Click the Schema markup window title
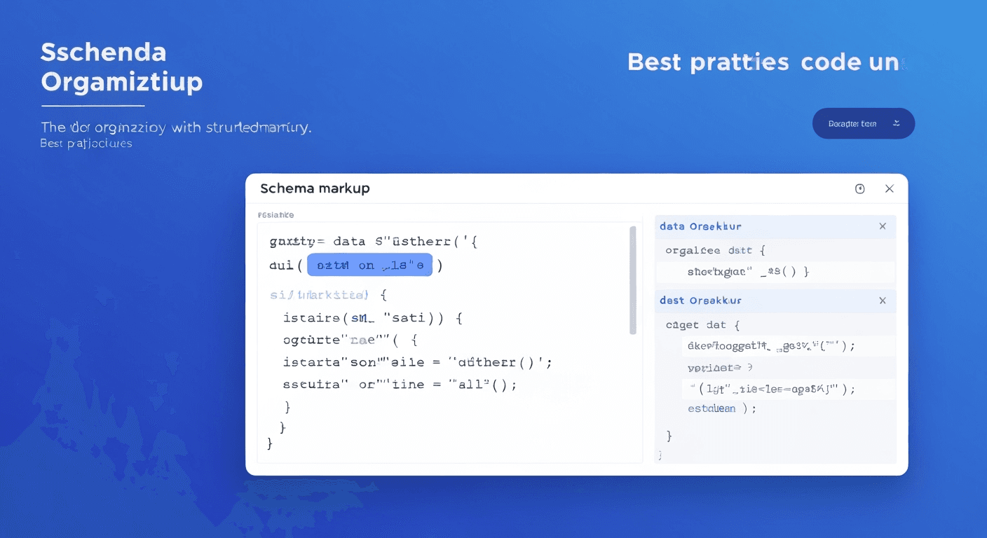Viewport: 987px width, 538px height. click(315, 188)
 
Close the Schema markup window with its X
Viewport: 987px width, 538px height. click(889, 188)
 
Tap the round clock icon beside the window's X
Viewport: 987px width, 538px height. click(860, 188)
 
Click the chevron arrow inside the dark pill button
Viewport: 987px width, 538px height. click(896, 123)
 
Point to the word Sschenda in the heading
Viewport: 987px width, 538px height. click(103, 52)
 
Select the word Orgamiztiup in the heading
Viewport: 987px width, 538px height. click(121, 82)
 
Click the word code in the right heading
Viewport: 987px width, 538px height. click(831, 62)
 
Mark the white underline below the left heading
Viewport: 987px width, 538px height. click(93, 106)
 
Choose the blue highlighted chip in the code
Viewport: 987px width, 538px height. click(369, 265)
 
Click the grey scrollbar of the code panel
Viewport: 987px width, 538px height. click(633, 280)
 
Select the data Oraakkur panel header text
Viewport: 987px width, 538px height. click(700, 226)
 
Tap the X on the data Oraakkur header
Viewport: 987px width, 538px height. click(883, 226)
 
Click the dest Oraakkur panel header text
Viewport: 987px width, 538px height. click(700, 301)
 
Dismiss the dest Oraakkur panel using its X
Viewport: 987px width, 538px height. click(883, 301)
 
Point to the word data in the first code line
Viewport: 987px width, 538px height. click(349, 242)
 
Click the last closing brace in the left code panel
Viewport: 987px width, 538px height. click(270, 443)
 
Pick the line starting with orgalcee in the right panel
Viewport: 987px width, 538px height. click(715, 250)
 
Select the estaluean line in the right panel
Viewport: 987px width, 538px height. click(721, 408)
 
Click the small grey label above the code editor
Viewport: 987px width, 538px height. click(275, 215)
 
